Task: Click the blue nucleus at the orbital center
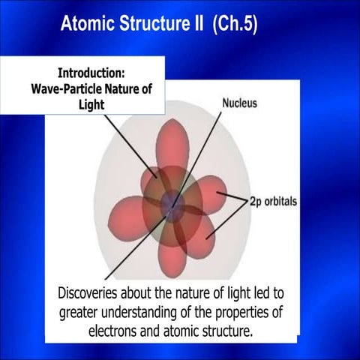coord(173,204)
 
